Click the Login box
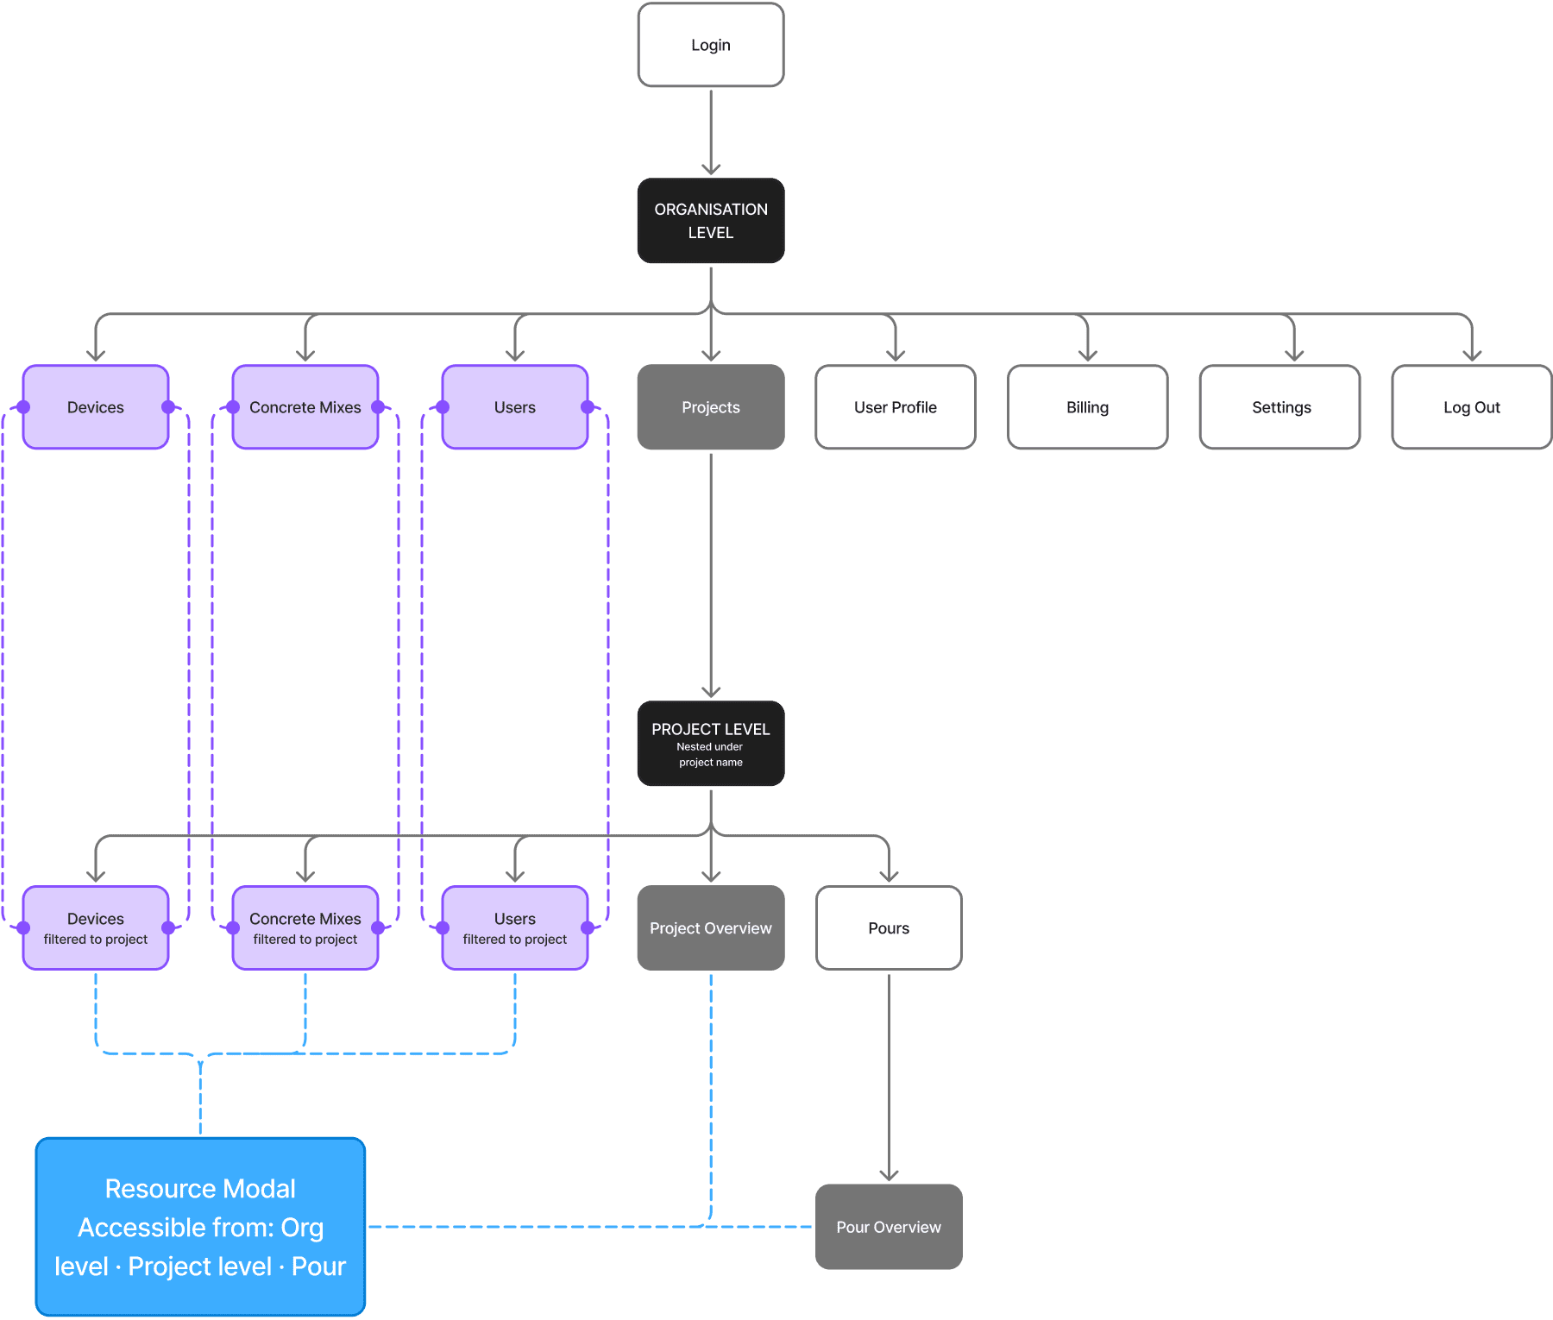coord(710,45)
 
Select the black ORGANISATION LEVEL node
coord(710,221)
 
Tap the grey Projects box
coord(710,407)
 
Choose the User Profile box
coord(895,407)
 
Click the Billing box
coord(1087,407)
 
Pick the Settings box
coord(1280,407)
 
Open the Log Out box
coord(1471,407)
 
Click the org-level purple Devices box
coord(96,407)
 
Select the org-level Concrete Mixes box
coord(305,407)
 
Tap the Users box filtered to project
coord(515,928)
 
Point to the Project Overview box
coord(710,928)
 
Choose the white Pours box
coord(889,928)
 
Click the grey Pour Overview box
coord(889,1227)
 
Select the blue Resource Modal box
coord(200,1227)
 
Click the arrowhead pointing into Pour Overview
coord(889,1175)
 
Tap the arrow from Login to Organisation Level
coord(710,129)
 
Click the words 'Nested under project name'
coord(710,755)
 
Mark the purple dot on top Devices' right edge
coord(168,407)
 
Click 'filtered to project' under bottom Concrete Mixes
coord(305,940)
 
